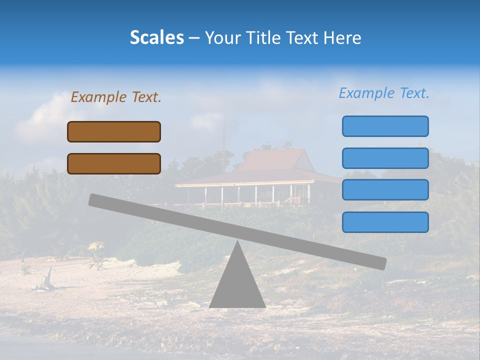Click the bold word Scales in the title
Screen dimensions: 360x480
156,37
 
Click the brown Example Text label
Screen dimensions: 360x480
116,97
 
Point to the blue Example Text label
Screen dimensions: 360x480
384,93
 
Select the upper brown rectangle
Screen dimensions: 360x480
114,131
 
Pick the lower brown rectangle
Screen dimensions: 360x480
114,163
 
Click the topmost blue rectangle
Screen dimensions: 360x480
385,126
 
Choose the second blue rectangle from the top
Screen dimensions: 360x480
385,158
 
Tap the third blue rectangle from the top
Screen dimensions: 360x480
385,189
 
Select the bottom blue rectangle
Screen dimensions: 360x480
385,222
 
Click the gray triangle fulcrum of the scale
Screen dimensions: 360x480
237,285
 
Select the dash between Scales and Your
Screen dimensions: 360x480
194,38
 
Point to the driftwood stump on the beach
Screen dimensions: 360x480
48,278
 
